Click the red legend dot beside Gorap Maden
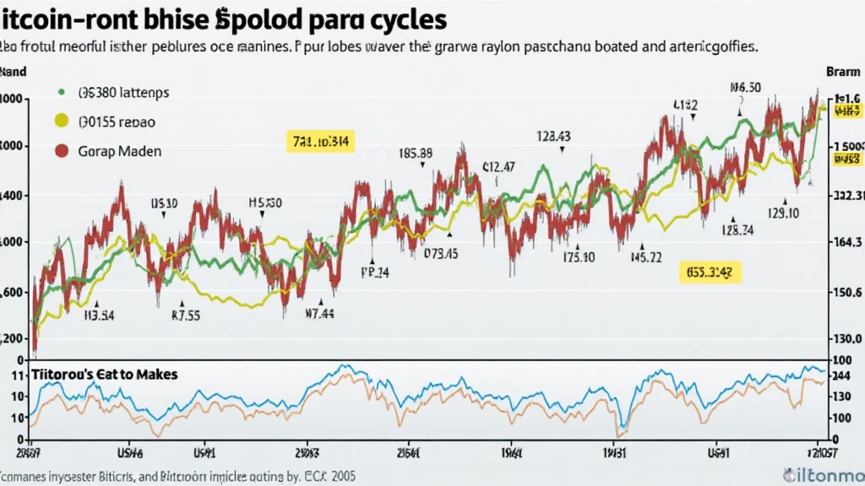61,152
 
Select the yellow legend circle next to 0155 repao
61,121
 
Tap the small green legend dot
61,92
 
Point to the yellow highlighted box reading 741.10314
317,141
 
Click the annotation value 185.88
415,154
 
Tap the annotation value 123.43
553,136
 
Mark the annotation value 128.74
737,229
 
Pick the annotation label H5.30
264,203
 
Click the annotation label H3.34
98,317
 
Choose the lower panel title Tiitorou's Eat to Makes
105,374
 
